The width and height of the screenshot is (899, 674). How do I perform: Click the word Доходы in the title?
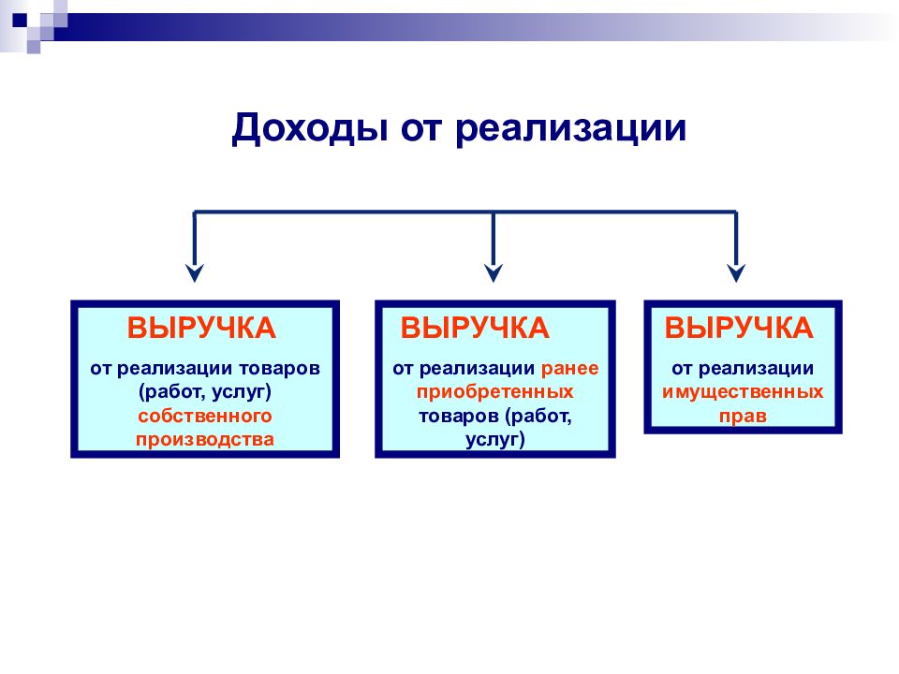[x=310, y=128]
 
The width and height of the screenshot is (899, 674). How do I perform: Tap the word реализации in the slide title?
[x=571, y=128]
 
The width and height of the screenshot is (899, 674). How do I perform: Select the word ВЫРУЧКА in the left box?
[x=201, y=328]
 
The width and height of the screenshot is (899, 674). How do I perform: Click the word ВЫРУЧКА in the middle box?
[x=475, y=328]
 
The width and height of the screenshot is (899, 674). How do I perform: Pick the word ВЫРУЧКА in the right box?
[x=739, y=328]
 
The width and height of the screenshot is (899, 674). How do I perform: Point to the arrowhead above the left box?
[x=195, y=272]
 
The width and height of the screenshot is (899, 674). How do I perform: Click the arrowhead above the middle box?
[x=494, y=272]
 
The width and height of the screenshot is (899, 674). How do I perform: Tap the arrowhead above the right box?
[x=736, y=272]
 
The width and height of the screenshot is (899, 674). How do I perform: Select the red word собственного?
[x=205, y=416]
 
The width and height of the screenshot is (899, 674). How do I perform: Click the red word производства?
[x=205, y=440]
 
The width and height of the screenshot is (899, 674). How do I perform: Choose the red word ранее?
[x=570, y=369]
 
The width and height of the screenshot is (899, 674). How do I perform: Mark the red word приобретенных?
[x=494, y=392]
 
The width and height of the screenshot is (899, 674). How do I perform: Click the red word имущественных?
[x=743, y=392]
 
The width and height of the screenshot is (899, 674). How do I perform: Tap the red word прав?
[x=743, y=416]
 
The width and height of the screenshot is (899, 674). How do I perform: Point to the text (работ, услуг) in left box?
[x=205, y=392]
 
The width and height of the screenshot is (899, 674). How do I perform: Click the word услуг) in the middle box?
[x=494, y=440]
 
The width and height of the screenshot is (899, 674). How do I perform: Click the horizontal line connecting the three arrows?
[x=465, y=212]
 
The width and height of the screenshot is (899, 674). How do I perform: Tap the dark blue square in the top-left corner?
[x=20, y=20]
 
